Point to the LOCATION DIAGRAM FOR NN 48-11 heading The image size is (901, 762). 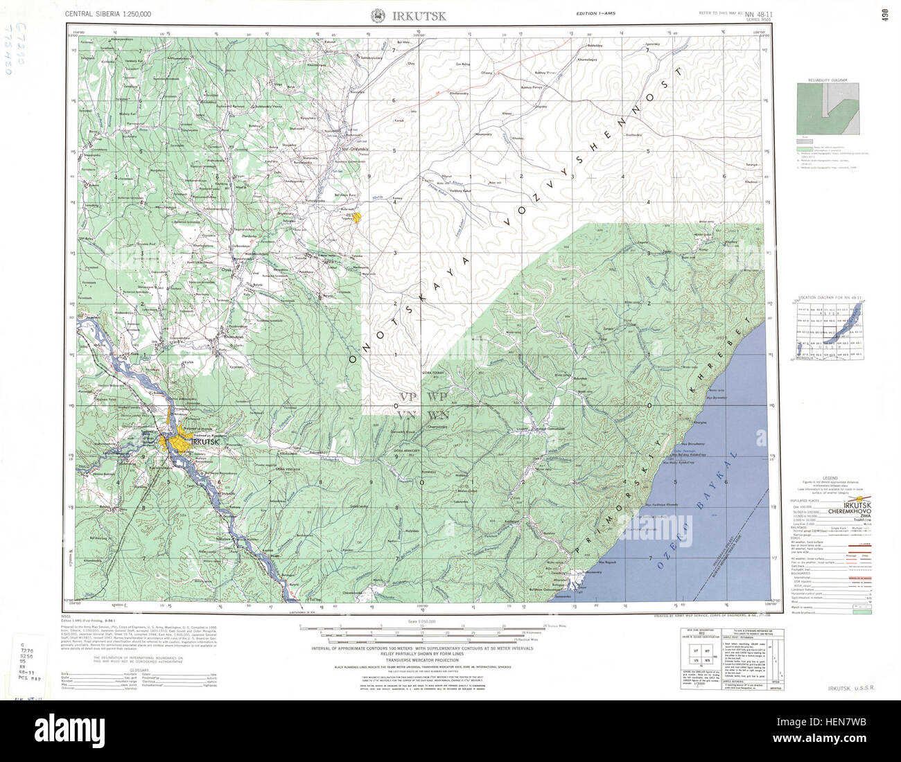coord(829,297)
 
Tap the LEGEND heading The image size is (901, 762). coord(830,479)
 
